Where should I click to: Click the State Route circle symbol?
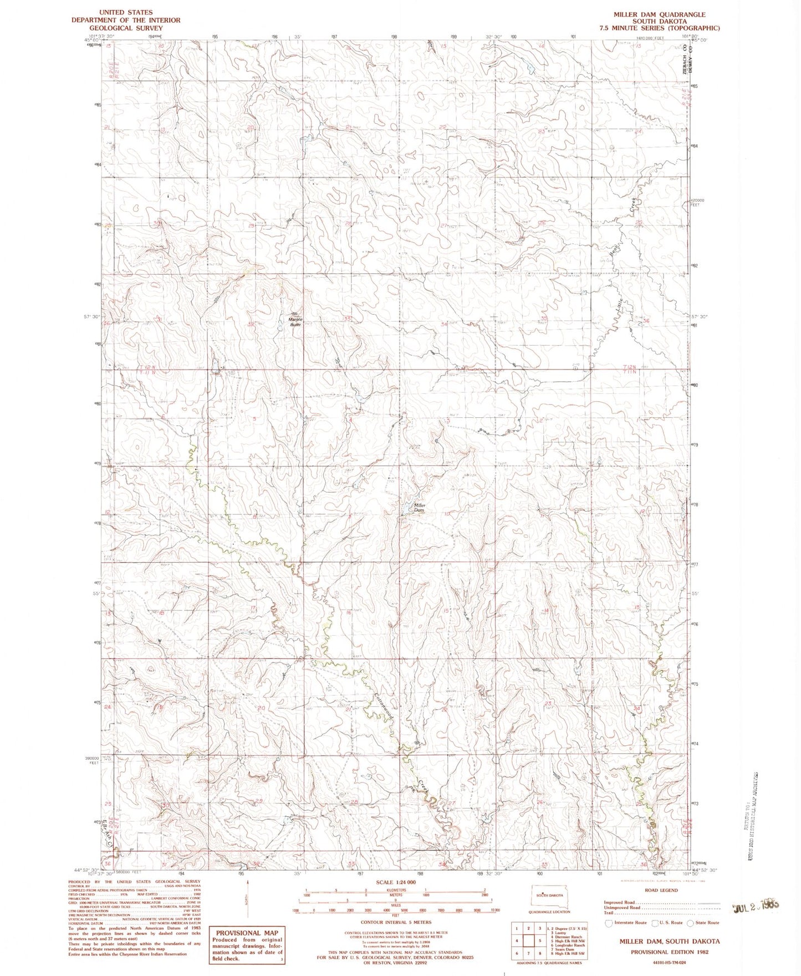(x=690, y=923)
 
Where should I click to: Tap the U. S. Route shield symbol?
(x=654, y=923)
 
